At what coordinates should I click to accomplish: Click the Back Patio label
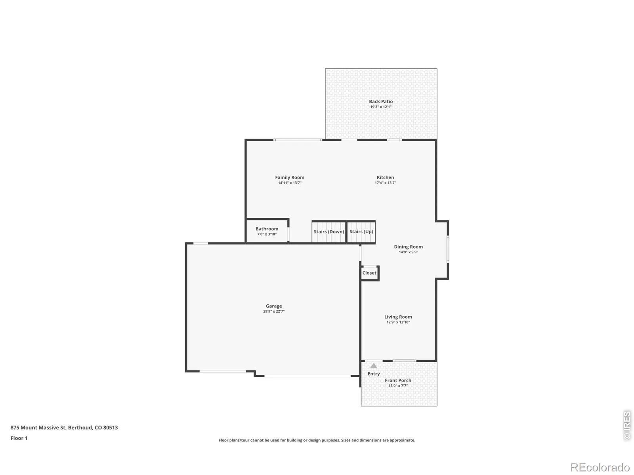coord(381,101)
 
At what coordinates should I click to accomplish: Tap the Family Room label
coord(289,177)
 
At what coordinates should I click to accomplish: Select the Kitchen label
coord(385,177)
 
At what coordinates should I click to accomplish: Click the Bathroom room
coord(267,231)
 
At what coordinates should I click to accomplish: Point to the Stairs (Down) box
coord(329,232)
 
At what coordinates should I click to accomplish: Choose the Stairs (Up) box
coord(361,232)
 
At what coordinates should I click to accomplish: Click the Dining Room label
coord(408,247)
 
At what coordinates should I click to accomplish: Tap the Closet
coord(369,273)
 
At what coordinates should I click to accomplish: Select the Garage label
coord(274,306)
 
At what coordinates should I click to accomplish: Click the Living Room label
coord(398,317)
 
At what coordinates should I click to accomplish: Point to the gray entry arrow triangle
coord(374,366)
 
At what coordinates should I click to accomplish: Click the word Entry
coord(374,374)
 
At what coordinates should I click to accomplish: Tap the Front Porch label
coord(398,380)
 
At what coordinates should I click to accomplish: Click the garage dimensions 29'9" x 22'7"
coord(274,311)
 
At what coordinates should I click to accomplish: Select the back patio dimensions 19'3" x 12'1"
coord(381,107)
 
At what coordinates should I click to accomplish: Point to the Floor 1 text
coord(19,438)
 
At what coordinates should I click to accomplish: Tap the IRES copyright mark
coord(627,426)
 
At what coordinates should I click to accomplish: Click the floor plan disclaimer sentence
coord(317,440)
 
